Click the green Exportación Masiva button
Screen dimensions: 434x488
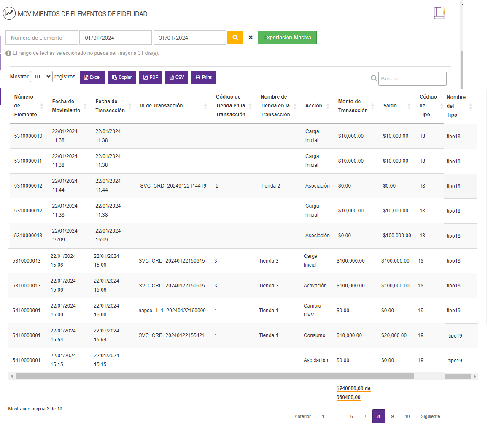click(x=287, y=38)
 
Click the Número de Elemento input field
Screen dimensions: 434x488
click(x=42, y=38)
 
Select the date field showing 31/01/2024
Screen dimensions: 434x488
click(x=189, y=38)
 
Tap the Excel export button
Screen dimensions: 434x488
click(x=92, y=78)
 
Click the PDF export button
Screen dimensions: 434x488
click(x=151, y=78)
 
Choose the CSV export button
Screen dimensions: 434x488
click(x=177, y=78)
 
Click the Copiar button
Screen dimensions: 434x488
click(x=122, y=78)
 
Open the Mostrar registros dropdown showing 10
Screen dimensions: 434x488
click(x=41, y=77)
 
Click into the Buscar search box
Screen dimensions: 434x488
click(x=412, y=79)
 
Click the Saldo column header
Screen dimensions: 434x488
click(x=390, y=106)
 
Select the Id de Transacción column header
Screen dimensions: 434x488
click(x=162, y=106)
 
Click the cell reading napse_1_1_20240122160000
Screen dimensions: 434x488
click(x=172, y=311)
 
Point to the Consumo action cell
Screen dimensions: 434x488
click(x=314, y=335)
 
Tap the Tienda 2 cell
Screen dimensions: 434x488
click(x=270, y=186)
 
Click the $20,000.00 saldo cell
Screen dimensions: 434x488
click(x=394, y=335)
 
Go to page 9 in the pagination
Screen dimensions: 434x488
click(x=392, y=416)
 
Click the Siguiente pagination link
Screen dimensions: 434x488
click(x=430, y=416)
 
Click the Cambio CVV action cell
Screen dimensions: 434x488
click(x=312, y=311)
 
